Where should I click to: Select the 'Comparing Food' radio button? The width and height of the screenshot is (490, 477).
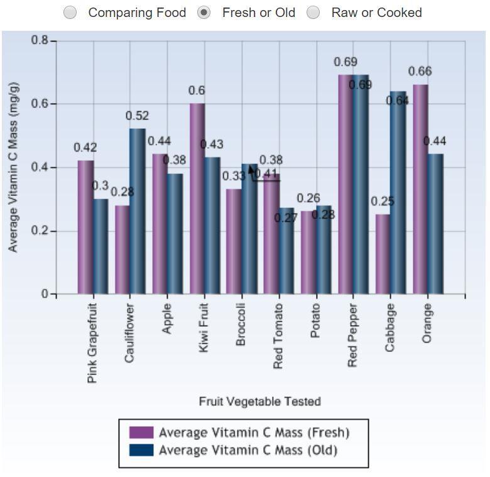tap(71, 13)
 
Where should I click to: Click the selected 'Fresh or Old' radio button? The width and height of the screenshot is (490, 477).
tap(204, 13)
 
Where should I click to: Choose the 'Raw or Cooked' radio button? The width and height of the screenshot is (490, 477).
tap(313, 13)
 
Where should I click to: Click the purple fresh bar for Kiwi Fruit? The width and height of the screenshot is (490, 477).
tap(197, 199)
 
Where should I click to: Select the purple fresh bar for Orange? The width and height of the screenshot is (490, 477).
tap(420, 189)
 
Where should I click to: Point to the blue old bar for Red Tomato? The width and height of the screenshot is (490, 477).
tap(286, 251)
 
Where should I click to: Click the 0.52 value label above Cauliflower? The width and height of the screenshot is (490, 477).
tap(137, 116)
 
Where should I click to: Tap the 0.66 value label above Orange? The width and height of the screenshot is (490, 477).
tap(420, 72)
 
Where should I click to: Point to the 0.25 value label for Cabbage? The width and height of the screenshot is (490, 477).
tap(382, 202)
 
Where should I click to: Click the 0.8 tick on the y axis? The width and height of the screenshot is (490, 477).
tap(40, 40)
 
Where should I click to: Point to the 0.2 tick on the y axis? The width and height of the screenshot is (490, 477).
tap(40, 231)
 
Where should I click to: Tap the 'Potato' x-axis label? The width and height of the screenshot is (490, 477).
tap(315, 321)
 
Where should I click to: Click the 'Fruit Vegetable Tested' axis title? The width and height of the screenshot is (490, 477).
tap(259, 402)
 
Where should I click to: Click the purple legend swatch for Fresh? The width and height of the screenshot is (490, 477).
tap(141, 432)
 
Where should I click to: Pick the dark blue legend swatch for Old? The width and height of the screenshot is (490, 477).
tap(141, 451)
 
